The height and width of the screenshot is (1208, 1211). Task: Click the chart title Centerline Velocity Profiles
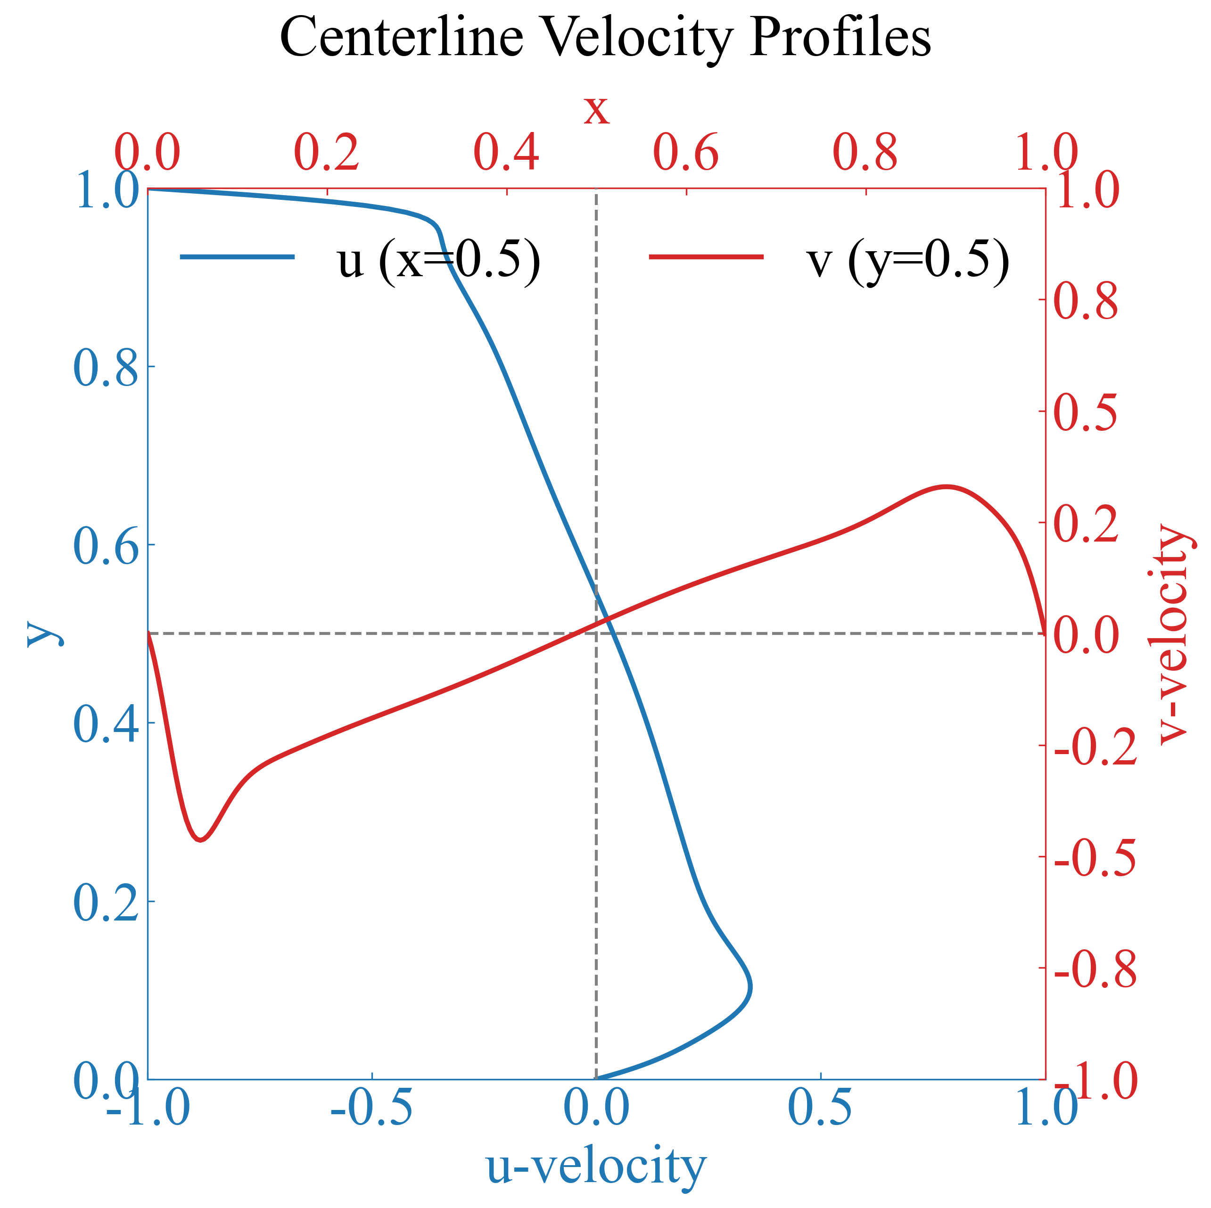[605, 38]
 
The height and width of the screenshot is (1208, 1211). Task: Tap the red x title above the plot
[596, 110]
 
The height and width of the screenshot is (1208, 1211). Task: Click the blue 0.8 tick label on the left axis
[105, 368]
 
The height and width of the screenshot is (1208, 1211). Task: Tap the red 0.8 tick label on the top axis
[865, 152]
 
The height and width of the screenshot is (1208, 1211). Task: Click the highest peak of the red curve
[947, 486]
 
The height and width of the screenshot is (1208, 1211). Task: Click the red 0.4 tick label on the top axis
[506, 152]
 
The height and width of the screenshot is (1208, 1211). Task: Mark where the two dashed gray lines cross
[596, 634]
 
